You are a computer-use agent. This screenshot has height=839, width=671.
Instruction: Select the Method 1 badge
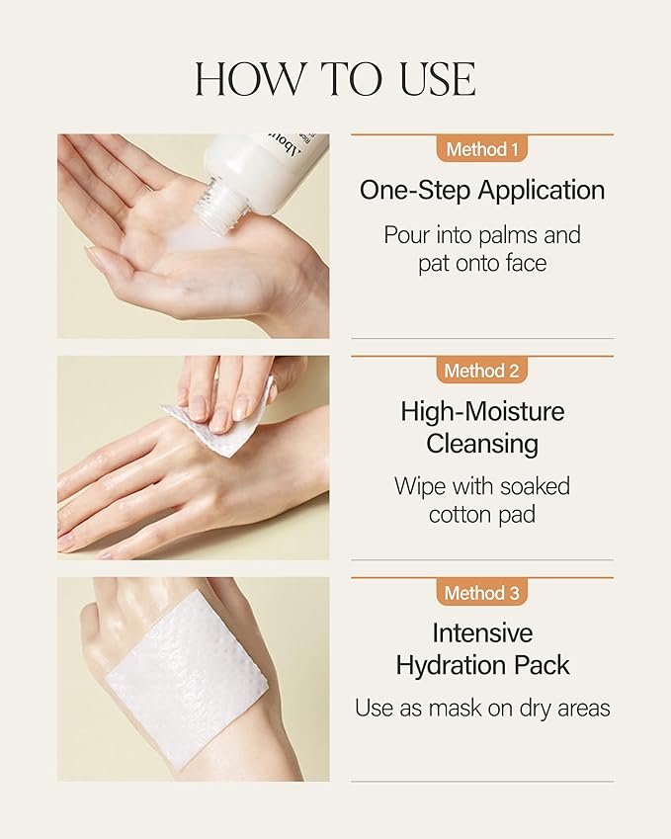(481, 150)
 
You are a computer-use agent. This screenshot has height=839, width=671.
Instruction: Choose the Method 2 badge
(481, 372)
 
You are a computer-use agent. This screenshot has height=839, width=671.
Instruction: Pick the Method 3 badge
(481, 593)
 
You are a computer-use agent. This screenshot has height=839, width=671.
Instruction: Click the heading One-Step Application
(481, 190)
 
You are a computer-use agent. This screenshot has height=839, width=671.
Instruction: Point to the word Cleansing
(481, 444)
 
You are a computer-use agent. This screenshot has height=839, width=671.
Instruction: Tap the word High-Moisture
(481, 411)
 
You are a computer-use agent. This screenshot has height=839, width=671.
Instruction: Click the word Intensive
(481, 632)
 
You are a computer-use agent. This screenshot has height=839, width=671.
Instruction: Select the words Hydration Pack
(481, 665)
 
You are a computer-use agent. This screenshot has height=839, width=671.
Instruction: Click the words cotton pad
(481, 515)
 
